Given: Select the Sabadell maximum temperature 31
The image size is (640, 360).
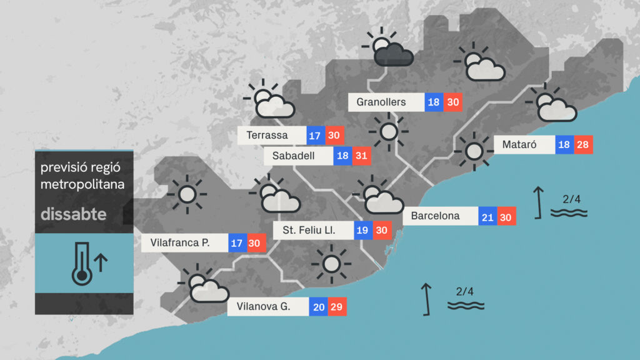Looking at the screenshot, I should [x=361, y=156].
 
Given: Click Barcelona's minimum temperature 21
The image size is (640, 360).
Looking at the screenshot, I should [x=488, y=217].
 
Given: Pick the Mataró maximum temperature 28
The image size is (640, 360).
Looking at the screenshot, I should [x=583, y=145].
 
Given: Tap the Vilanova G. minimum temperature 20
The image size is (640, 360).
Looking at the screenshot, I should [x=318, y=307].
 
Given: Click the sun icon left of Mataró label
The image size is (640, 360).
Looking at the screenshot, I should [x=474, y=151].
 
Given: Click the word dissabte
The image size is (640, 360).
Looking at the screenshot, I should [x=74, y=215].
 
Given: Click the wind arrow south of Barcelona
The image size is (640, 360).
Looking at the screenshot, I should [x=427, y=298].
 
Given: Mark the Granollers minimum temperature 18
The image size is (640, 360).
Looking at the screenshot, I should [x=434, y=102].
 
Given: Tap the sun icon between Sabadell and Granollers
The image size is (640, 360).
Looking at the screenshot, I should [x=389, y=132].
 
